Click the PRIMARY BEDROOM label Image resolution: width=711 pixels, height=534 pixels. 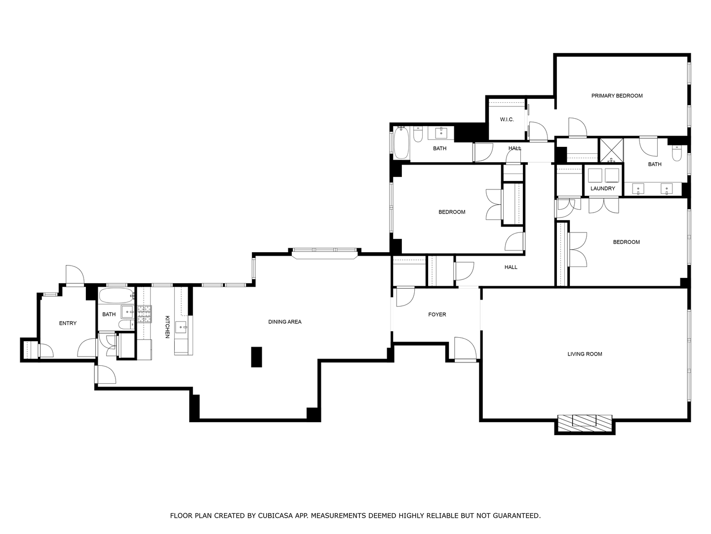pos(617,96)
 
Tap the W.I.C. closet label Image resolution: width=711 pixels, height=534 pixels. pos(507,120)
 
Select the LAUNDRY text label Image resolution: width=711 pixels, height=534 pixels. pos(603,188)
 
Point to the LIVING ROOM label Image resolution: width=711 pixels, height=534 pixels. pos(585,354)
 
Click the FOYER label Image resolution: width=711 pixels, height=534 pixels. pos(437,314)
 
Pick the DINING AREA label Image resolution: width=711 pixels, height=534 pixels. pos(284,322)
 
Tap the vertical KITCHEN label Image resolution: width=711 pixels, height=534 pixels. pos(167,327)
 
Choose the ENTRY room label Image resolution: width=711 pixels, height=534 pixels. pos(68,323)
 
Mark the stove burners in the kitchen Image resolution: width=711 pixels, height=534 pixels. pos(144,314)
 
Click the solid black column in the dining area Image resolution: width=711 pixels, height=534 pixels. pos(256,357)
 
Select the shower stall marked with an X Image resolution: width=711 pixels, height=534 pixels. pos(611,150)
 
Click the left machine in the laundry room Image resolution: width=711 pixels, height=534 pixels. pos(594,176)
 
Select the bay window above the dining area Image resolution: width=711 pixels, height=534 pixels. pos(324,252)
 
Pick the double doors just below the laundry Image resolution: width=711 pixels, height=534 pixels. pos(603,205)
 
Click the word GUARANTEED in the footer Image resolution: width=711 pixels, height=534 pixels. pos(515,516)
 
